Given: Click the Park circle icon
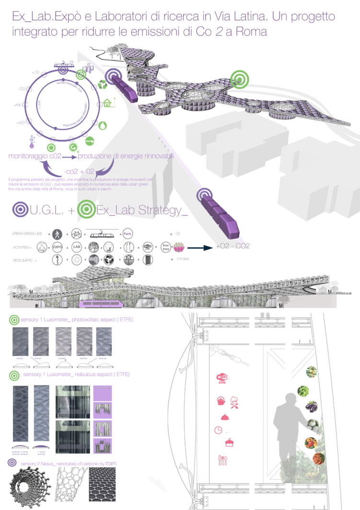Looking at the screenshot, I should click(127, 233).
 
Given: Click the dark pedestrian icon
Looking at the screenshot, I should click(57, 234).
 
